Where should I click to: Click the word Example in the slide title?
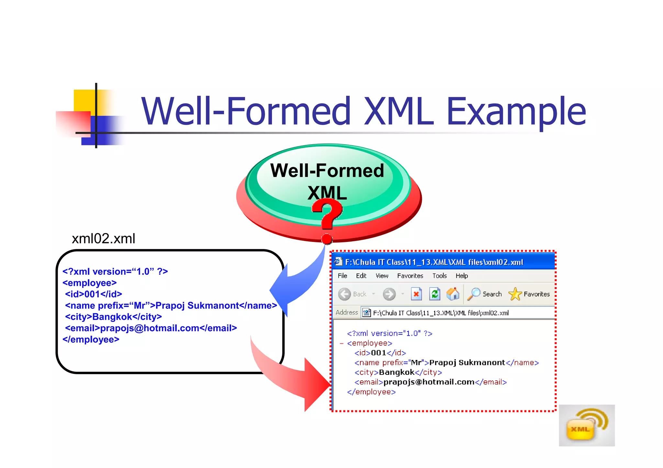coord(516,112)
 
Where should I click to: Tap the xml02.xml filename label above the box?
coord(103,239)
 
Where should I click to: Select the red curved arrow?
coord(291,378)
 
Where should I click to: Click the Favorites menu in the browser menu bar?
coord(410,276)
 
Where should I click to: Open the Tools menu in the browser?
coord(439,276)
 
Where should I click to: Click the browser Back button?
coord(345,294)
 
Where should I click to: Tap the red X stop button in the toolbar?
coord(416,294)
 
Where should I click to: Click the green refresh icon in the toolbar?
coord(434,294)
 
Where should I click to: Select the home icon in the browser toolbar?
coord(453,294)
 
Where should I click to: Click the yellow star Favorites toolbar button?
coord(515,294)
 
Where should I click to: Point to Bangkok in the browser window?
coord(397,372)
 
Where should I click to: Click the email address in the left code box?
coord(150,328)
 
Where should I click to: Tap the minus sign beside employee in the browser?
coord(342,343)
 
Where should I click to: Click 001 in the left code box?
coord(92,294)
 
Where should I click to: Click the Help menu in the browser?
coord(462,276)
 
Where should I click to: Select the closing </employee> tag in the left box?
coord(91,340)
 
